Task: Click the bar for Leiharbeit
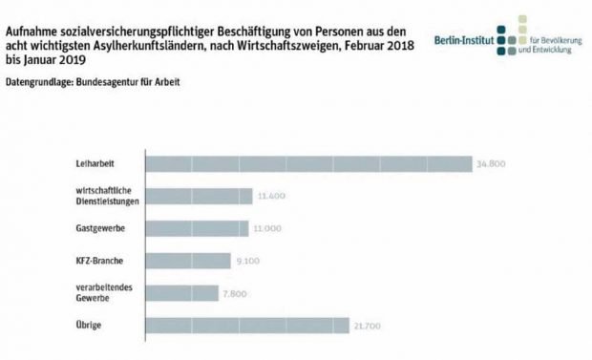tap(307, 163)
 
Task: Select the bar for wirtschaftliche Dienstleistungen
tap(199, 196)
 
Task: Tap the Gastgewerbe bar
tap(197, 228)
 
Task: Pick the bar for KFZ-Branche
tap(187, 261)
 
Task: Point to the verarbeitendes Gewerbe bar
tap(181, 293)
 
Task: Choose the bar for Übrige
tap(246, 326)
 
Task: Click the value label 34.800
tap(490, 163)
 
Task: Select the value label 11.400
tap(271, 196)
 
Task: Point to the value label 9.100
tap(246, 261)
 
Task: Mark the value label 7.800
tap(235, 293)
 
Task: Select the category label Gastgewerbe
tap(100, 228)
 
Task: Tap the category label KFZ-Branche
tap(100, 261)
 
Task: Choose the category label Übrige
tap(91, 326)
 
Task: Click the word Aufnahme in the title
tap(32, 13)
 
